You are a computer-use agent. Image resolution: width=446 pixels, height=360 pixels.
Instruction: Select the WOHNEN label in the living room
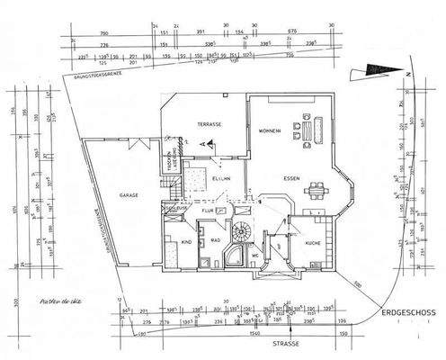tap(271, 130)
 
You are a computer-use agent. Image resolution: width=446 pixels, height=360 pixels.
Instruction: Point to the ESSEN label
tap(290, 178)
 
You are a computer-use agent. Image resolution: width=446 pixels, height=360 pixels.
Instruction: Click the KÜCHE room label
tap(311, 244)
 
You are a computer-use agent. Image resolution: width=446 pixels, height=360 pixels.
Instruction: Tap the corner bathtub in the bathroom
tap(231, 259)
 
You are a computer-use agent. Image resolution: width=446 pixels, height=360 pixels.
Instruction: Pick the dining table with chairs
tap(316, 189)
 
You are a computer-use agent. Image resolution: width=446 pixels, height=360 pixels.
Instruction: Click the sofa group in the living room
tap(308, 130)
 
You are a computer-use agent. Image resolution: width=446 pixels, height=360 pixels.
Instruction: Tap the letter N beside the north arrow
tap(407, 73)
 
